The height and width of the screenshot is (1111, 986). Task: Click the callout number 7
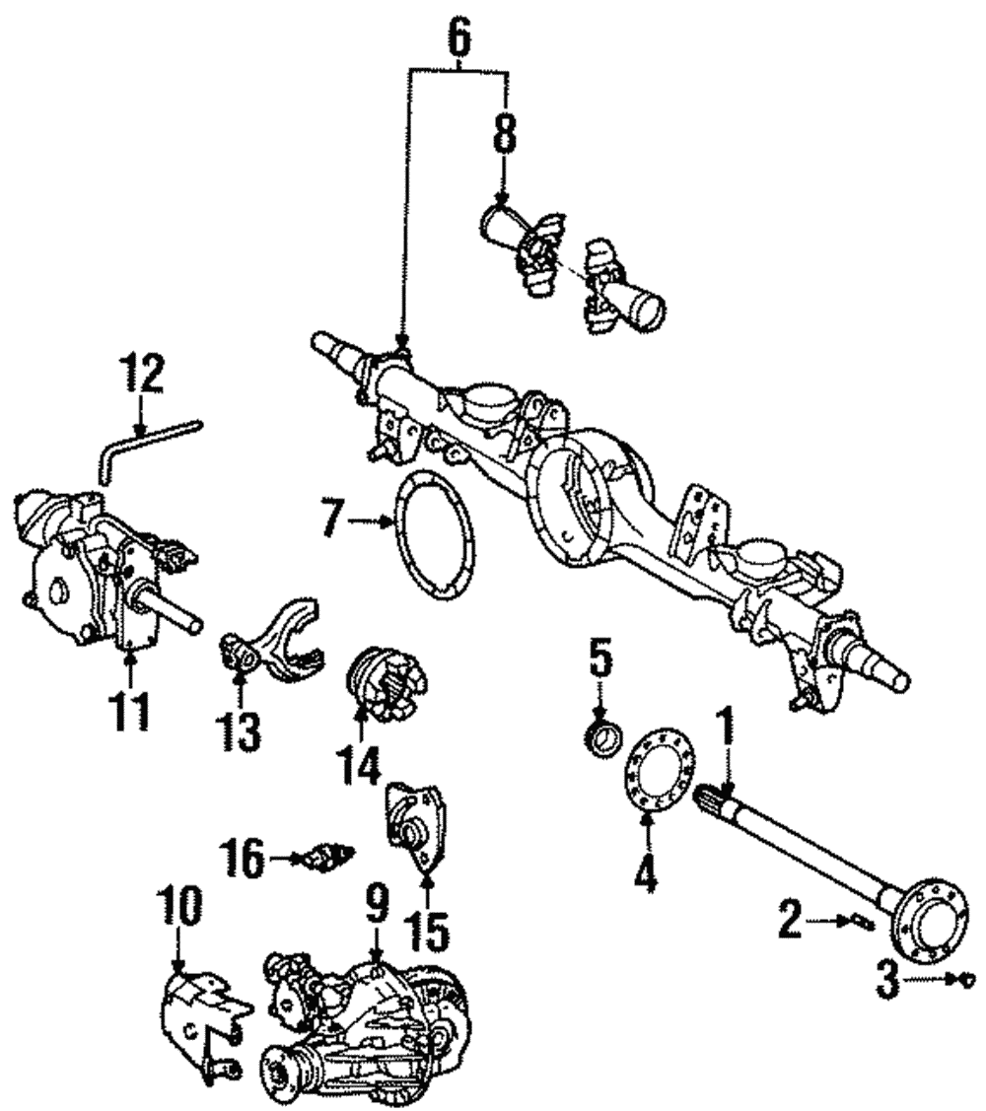tap(336, 517)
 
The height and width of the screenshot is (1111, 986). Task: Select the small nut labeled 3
tap(967, 979)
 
